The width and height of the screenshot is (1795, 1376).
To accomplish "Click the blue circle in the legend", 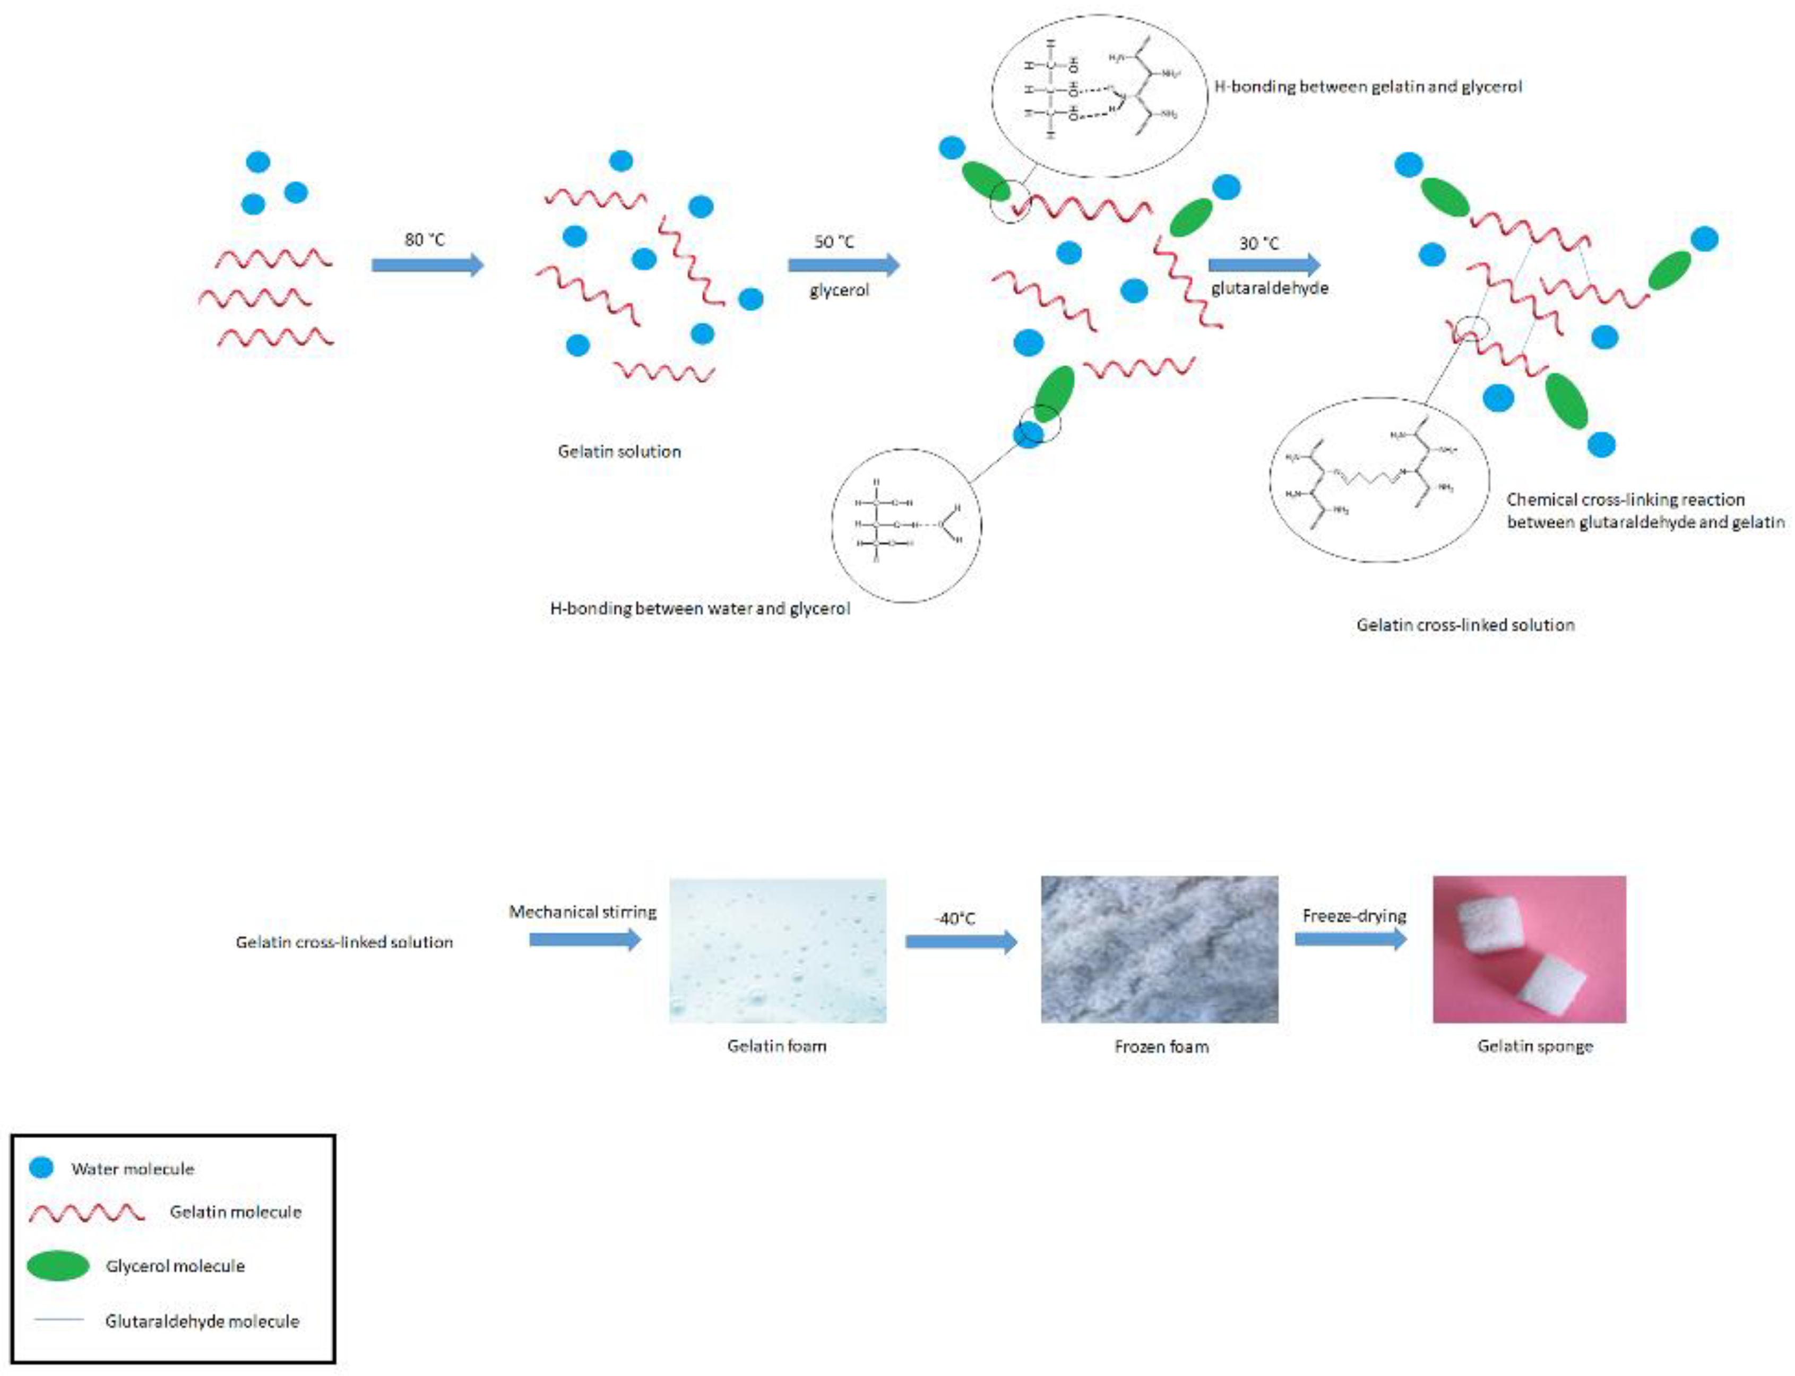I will [x=41, y=1167].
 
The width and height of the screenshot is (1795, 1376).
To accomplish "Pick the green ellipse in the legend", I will [x=57, y=1266].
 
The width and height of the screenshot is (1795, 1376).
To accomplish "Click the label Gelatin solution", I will [x=619, y=451].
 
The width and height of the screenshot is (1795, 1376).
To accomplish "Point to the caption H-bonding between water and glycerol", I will [x=700, y=608].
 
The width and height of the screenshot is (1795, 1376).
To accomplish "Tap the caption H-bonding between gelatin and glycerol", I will [x=1368, y=86].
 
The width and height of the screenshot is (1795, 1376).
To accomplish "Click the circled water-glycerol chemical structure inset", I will [x=907, y=525].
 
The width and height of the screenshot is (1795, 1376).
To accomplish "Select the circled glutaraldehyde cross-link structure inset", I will [x=1379, y=480].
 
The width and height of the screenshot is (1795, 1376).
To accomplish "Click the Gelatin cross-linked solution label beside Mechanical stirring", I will [x=344, y=942].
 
